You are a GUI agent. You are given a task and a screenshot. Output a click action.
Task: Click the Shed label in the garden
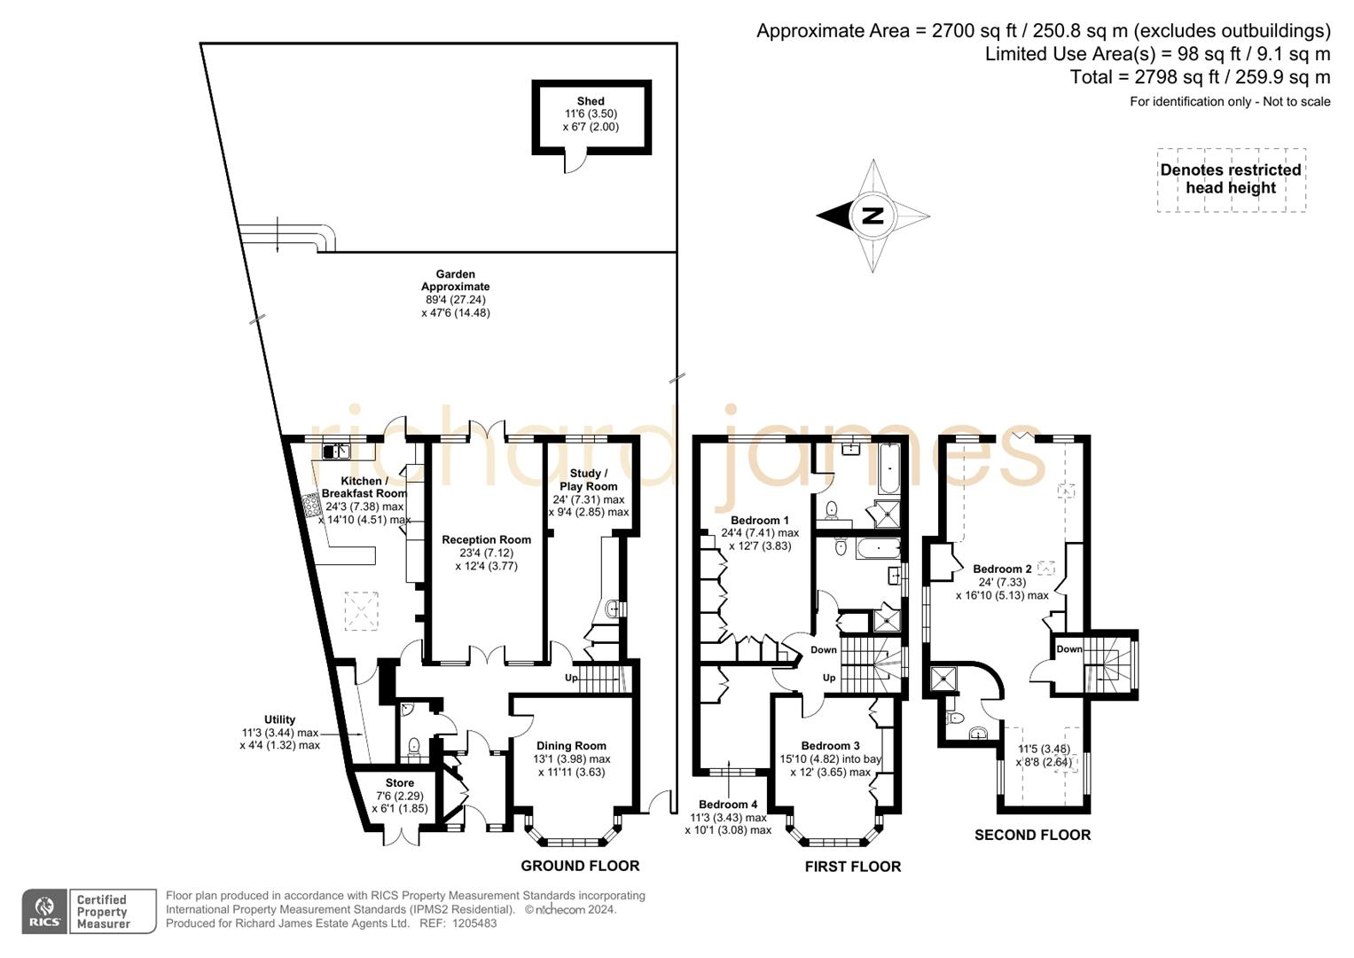[591, 101]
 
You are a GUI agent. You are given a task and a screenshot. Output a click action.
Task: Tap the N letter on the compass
[873, 216]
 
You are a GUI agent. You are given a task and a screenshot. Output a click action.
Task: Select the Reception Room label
[486, 539]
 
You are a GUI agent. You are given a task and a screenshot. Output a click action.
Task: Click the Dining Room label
[571, 746]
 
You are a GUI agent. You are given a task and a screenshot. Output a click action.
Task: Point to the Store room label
[399, 783]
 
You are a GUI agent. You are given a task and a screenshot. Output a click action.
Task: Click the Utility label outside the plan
[279, 719]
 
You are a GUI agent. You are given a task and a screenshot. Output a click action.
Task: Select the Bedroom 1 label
[759, 520]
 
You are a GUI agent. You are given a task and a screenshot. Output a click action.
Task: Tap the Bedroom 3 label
[830, 746]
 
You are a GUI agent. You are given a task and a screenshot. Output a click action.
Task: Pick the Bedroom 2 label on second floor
[1002, 569]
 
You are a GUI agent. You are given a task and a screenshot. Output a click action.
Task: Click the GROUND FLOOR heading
[580, 866]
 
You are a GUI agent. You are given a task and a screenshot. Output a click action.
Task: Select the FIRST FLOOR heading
[852, 867]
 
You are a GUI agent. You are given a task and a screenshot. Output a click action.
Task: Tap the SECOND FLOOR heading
[1032, 835]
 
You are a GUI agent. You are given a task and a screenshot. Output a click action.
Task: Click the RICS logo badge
[44, 911]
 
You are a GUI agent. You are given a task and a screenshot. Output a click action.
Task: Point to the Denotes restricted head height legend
[1231, 179]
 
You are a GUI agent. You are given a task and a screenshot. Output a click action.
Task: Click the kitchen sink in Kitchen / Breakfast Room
[336, 452]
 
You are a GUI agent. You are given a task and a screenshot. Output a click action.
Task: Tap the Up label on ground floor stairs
[571, 679]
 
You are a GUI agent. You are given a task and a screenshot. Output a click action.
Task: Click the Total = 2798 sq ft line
[1200, 77]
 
